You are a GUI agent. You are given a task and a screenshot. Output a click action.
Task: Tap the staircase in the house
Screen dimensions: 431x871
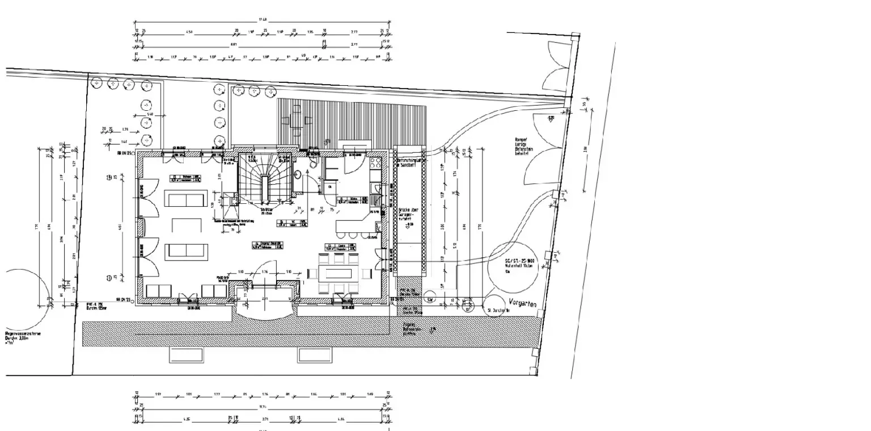[265, 178]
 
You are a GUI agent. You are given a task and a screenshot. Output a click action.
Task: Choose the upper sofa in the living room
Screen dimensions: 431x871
[185, 199]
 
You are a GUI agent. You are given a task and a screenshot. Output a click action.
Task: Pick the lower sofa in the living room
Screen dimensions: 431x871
[186, 252]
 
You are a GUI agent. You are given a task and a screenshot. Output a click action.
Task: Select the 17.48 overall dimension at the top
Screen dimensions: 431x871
[263, 20]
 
